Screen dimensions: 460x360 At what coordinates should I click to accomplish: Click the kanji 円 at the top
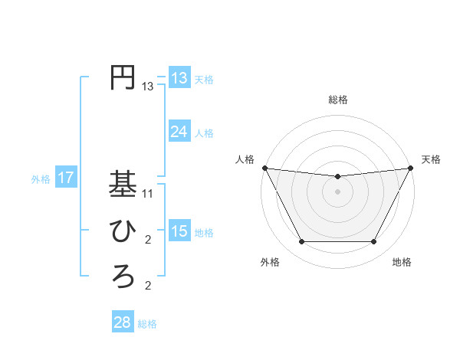123,78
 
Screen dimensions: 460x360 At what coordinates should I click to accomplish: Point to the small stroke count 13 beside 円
148,87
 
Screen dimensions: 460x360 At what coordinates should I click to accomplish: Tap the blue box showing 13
179,77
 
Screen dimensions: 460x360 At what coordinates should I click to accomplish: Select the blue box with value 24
179,132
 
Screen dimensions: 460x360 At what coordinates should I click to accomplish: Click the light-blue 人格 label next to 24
204,133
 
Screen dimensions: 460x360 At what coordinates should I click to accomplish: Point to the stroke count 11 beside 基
148,194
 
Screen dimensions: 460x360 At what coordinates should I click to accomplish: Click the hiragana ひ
123,231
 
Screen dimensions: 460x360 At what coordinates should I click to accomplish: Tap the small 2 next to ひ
148,240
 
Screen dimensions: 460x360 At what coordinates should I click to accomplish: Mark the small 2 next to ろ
148,286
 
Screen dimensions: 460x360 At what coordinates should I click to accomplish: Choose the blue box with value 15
179,231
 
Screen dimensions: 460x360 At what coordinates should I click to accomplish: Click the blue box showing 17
65,178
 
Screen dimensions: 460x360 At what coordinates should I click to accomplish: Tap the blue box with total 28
122,322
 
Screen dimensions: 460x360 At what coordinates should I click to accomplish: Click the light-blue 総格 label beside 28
147,324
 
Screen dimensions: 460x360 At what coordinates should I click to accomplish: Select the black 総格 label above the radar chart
337,100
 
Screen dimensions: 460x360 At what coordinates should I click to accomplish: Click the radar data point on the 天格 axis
411,168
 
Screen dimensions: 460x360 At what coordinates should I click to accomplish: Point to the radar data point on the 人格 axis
264,168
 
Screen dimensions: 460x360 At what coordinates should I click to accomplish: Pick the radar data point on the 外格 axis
301,242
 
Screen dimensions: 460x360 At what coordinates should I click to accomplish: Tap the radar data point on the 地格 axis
374,242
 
